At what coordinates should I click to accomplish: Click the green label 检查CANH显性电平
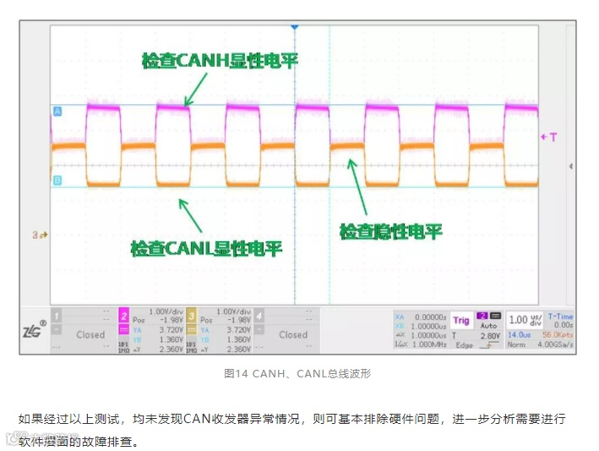[220, 60]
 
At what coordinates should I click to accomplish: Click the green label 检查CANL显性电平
[206, 249]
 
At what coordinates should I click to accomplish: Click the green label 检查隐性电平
[390, 231]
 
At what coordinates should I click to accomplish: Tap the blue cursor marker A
[57, 111]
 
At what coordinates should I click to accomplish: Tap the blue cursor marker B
[57, 180]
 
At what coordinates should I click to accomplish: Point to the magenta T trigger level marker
[548, 136]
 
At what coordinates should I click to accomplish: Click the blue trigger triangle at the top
[295, 28]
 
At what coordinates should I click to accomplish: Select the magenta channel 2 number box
[123, 316]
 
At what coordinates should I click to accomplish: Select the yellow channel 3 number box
[190, 316]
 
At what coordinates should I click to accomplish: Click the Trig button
[460, 321]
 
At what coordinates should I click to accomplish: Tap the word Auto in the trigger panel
[488, 325]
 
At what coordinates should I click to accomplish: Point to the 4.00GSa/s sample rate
[558, 344]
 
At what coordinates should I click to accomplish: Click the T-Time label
[560, 316]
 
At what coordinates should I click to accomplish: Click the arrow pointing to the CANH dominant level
[196, 88]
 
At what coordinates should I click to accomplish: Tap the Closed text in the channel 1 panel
[90, 334]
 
